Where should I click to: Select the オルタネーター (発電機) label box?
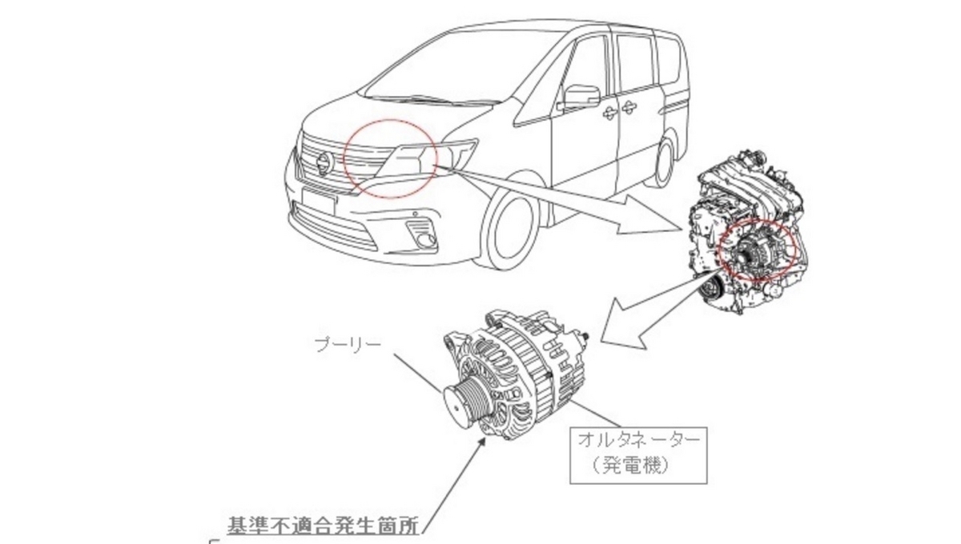point(638,455)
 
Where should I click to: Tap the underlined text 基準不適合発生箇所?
point(323,526)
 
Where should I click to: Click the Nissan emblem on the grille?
point(325,164)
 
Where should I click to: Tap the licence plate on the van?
point(319,202)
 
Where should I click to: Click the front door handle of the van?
point(608,113)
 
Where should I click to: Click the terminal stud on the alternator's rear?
point(585,337)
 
